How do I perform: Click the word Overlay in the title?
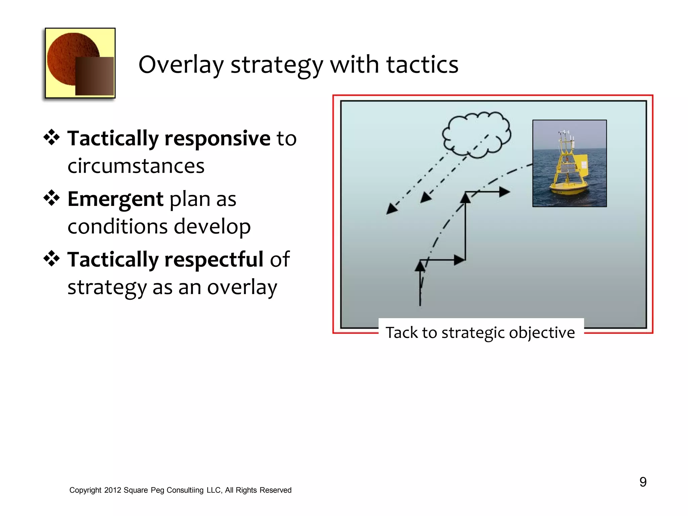181,64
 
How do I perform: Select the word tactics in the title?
422,64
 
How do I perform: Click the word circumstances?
136,166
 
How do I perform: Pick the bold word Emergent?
115,199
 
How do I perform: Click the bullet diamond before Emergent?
51,198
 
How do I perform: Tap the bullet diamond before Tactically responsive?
51,137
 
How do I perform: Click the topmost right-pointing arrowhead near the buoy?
505,192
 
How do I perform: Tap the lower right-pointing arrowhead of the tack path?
459,260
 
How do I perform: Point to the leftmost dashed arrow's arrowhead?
391,209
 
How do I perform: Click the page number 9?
643,482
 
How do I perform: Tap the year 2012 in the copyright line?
112,490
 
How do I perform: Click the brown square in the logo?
94,76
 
